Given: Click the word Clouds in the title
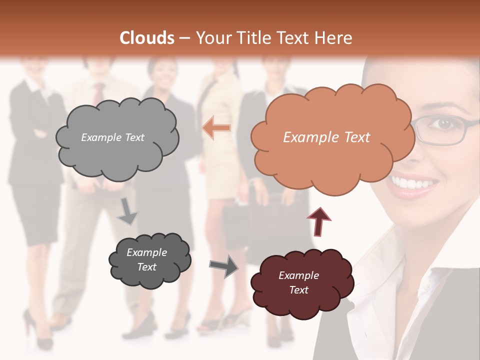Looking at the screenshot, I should click(x=147, y=38).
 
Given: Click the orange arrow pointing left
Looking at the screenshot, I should click(x=216, y=128).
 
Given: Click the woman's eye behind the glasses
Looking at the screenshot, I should click(x=443, y=123).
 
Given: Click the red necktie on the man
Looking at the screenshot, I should click(x=99, y=93).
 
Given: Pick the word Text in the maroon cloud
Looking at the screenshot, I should click(x=299, y=290).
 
